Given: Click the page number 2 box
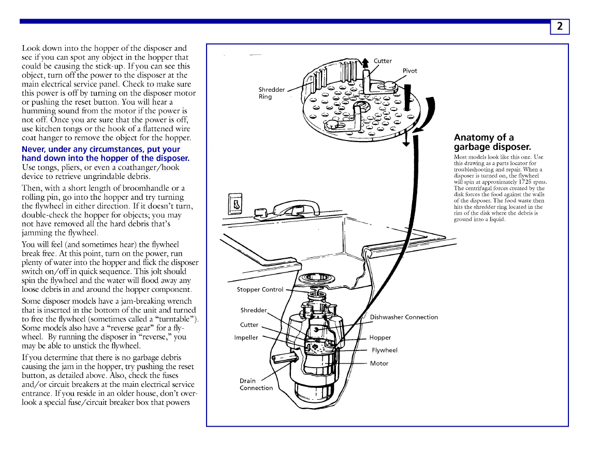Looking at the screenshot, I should click(x=560, y=26).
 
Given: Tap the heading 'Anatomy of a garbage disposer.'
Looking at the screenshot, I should click(x=492, y=142).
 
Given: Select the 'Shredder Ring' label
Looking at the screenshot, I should click(x=271, y=93).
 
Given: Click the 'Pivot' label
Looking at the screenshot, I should click(x=409, y=71).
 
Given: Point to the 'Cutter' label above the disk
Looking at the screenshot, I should click(x=383, y=61).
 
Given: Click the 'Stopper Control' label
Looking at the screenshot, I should click(x=260, y=289).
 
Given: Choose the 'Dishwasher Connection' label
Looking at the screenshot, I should click(x=404, y=317).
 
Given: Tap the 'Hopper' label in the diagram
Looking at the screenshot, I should click(x=380, y=338).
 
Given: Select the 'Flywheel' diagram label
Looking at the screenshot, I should click(x=385, y=351).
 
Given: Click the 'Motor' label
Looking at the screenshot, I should click(x=379, y=363).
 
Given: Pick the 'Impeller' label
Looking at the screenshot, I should click(x=246, y=338).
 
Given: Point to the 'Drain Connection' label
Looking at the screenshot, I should click(x=256, y=384).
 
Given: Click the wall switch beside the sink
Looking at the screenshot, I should click(x=236, y=204).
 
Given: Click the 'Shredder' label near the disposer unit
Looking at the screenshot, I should click(x=253, y=310).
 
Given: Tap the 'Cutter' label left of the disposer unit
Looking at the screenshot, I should click(x=249, y=325).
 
